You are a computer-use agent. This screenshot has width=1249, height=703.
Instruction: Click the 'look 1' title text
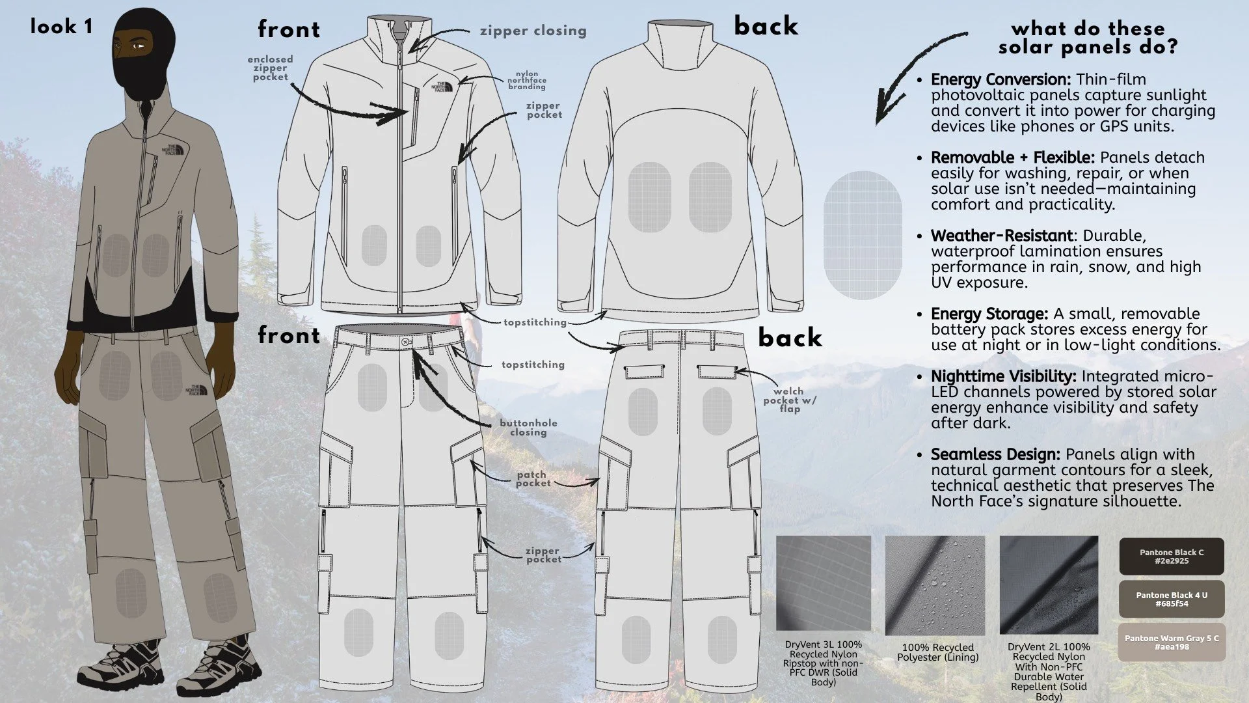tap(61, 27)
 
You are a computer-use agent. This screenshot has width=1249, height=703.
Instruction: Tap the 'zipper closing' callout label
tap(533, 31)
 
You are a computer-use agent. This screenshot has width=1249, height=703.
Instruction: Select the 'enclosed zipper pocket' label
tap(270, 68)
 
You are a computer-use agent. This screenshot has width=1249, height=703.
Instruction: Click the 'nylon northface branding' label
tap(527, 80)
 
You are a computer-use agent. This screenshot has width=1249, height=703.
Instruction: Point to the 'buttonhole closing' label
tap(528, 427)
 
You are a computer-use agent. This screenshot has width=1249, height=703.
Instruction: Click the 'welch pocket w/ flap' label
tap(789, 400)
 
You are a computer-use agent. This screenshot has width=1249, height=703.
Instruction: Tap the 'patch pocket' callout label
tap(533, 479)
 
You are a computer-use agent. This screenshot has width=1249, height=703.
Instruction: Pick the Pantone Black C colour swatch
tap(1172, 557)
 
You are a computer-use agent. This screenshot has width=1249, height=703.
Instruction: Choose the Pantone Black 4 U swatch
tap(1172, 600)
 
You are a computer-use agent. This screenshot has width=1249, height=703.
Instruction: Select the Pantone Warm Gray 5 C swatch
tap(1172, 642)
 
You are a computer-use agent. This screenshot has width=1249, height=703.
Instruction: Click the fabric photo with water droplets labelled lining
tap(935, 585)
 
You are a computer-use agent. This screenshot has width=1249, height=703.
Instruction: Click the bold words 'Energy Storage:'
tap(989, 314)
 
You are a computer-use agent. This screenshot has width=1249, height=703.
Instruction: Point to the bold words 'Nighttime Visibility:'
tap(1004, 376)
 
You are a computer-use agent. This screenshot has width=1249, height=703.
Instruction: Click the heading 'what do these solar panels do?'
tap(1088, 38)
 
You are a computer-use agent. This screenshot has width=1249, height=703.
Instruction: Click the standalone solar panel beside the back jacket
tap(863, 235)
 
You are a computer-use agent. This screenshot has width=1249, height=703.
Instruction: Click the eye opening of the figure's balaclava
tap(134, 46)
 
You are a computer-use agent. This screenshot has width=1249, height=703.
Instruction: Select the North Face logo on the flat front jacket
tap(442, 87)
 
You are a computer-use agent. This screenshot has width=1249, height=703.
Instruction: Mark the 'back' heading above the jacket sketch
tap(766, 26)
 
